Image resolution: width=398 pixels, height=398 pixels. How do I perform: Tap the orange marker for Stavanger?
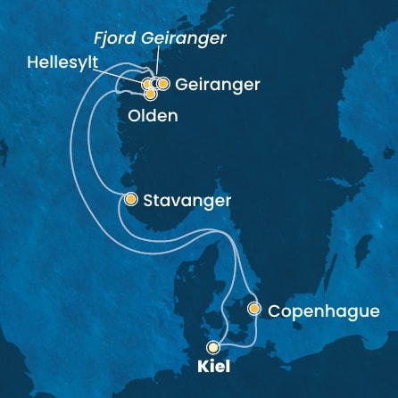tap(131, 199)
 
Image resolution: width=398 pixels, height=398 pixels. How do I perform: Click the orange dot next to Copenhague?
tap(254, 310)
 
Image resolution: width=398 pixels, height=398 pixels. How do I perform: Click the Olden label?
tap(153, 116)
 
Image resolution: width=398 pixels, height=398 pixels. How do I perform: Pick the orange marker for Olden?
tap(150, 93)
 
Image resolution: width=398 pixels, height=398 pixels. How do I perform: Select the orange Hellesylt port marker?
tap(147, 85)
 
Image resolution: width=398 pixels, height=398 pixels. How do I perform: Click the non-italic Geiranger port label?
tap(219, 86)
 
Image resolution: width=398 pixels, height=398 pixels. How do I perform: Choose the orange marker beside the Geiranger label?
tap(163, 84)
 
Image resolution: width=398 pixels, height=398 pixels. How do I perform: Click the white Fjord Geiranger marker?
tap(155, 84)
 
